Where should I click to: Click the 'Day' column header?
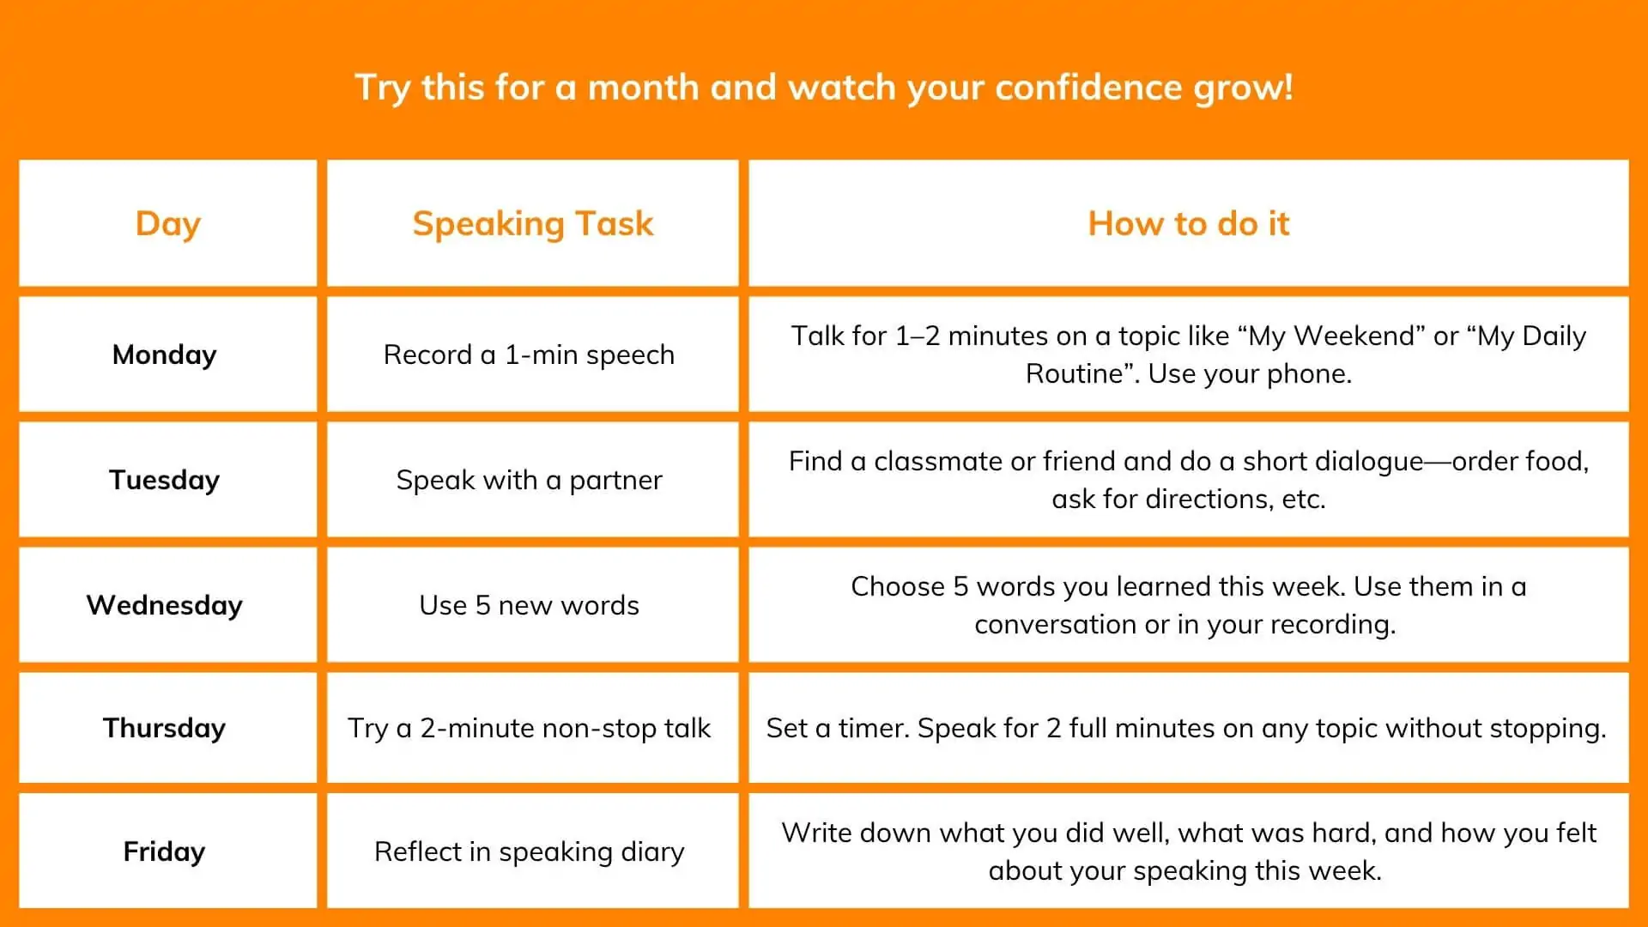point(168,224)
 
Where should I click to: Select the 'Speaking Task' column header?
point(533,224)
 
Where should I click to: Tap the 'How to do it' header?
point(1189,223)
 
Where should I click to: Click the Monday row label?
point(165,354)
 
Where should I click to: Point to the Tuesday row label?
point(165,480)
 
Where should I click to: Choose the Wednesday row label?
point(165,605)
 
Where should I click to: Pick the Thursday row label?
point(165,728)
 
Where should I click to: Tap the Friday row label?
point(165,851)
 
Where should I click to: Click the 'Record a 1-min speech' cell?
point(530,354)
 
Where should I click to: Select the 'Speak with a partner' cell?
point(530,480)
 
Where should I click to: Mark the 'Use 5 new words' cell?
point(530,605)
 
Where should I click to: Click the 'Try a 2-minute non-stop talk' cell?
point(530,728)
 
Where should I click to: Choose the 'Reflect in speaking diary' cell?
point(530,851)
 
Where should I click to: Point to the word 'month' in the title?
point(643,88)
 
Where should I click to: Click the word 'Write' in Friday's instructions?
point(816,833)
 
